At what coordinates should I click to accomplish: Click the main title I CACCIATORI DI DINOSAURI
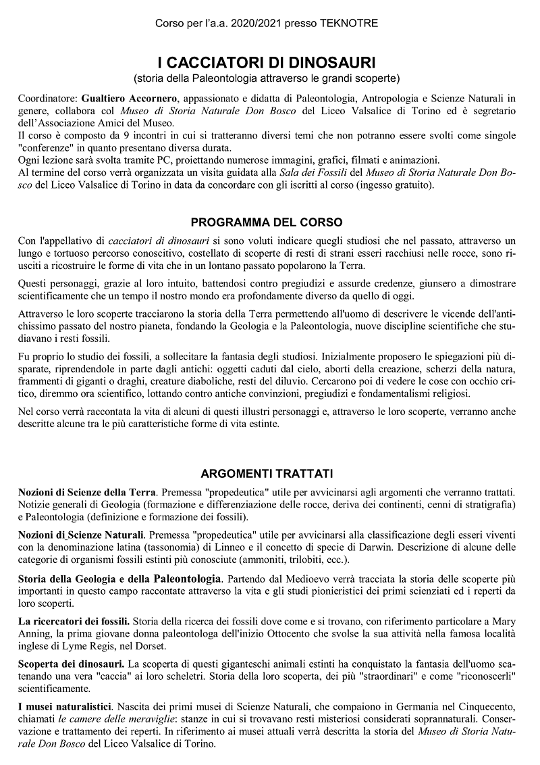(x=267, y=63)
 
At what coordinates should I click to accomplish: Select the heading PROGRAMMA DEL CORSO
(x=267, y=222)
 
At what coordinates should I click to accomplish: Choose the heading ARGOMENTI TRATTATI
(x=267, y=474)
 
